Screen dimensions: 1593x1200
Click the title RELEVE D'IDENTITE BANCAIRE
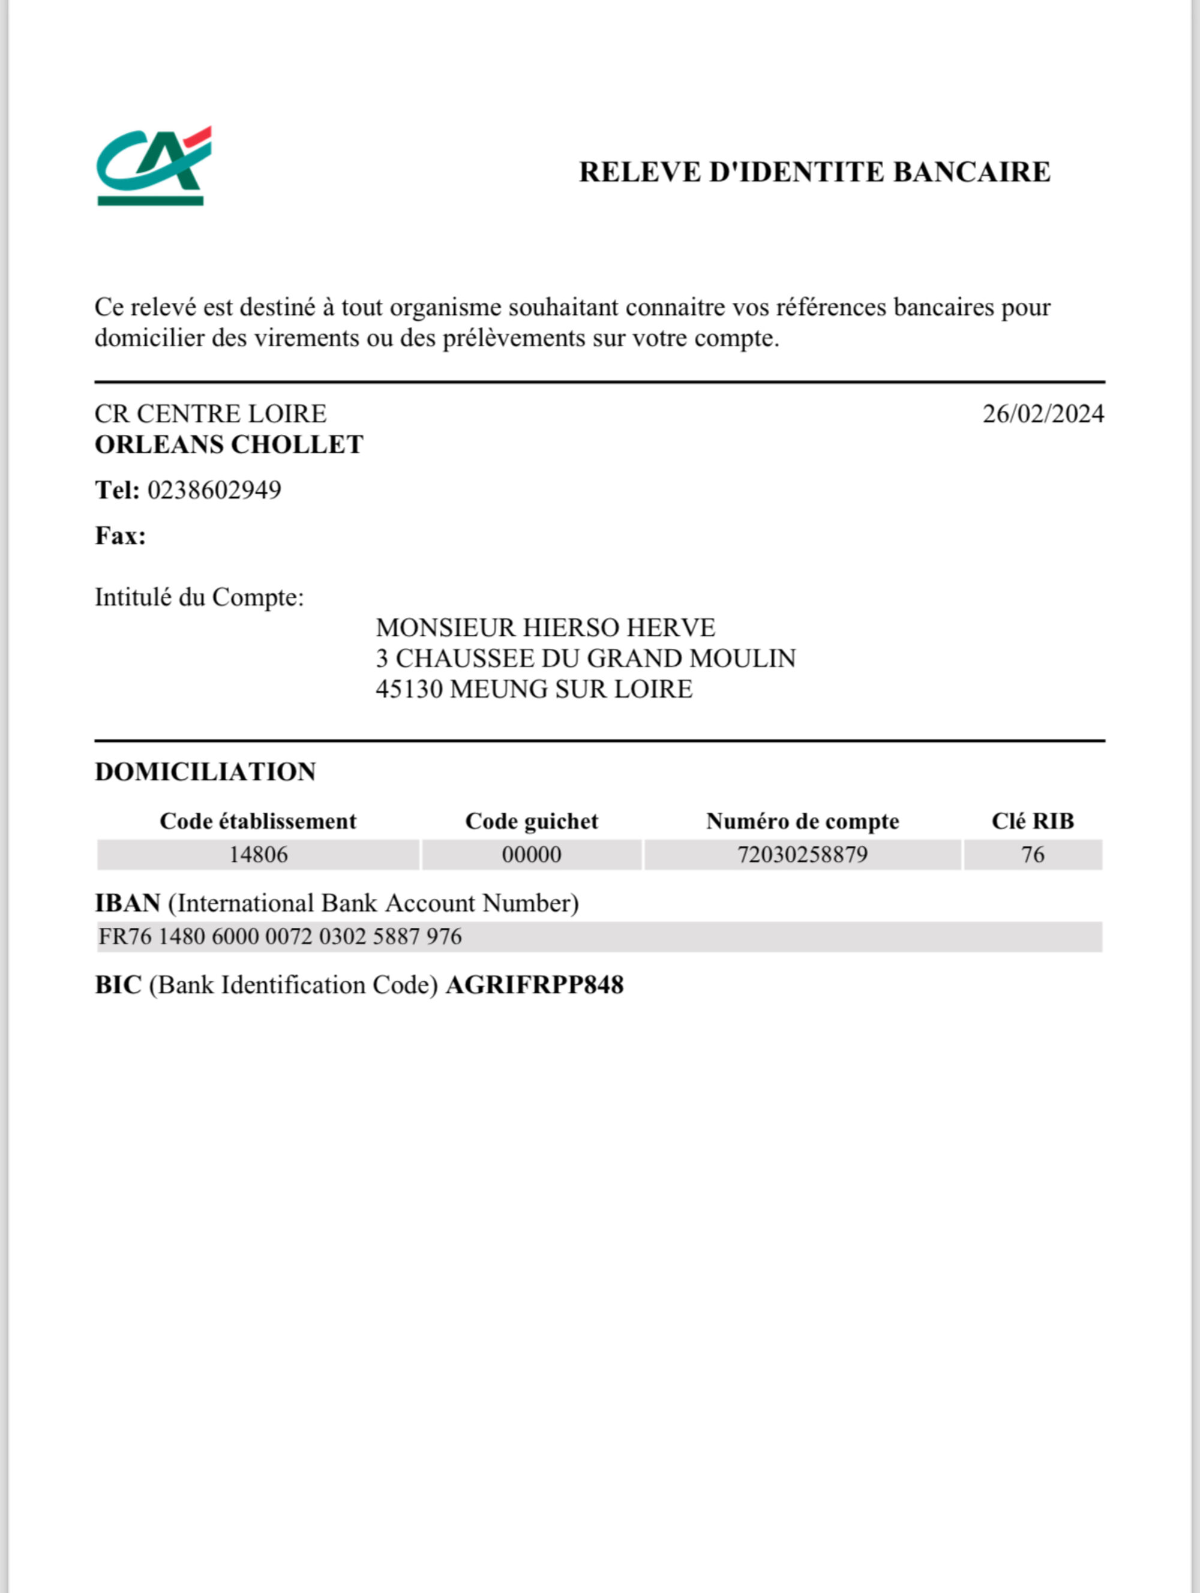tap(815, 172)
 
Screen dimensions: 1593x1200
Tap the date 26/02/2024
tap(1043, 414)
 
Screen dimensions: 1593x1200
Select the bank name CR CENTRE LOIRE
tap(211, 414)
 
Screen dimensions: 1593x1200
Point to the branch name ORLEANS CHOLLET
tap(229, 445)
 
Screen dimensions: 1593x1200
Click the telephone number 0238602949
tap(215, 491)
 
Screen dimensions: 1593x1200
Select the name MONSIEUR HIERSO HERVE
tap(545, 628)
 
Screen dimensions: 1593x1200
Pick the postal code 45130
tap(409, 690)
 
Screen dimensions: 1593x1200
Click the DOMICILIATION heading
tap(205, 772)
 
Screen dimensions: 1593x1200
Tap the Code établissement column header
tap(258, 822)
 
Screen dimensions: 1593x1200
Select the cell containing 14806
tap(258, 855)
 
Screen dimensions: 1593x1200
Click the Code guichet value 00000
tap(532, 855)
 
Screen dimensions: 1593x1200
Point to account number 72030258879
tap(802, 855)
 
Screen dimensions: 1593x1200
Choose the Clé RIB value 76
tap(1032, 855)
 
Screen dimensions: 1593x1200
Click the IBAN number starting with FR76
tap(280, 937)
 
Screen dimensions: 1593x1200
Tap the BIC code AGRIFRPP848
tap(535, 985)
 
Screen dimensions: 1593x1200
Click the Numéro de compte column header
tap(802, 822)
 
